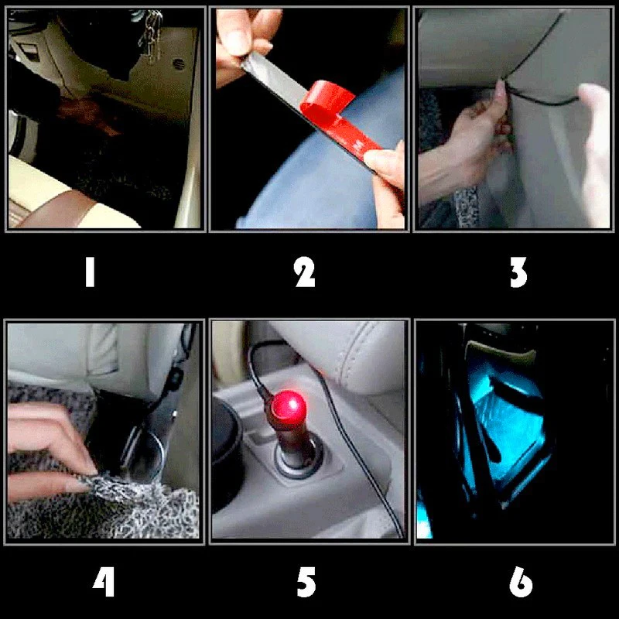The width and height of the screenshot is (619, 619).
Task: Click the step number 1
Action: [90, 272]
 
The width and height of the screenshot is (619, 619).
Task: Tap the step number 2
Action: [305, 272]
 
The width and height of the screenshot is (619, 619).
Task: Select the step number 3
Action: [518, 272]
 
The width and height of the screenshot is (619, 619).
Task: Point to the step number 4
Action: [104, 582]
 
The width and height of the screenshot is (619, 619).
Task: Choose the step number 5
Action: [306, 582]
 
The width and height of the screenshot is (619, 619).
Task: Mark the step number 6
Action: [521, 582]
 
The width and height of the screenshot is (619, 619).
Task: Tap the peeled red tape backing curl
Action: [327, 100]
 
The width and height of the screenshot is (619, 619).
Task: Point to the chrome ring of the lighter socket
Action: [298, 459]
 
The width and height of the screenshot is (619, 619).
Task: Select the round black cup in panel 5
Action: [226, 454]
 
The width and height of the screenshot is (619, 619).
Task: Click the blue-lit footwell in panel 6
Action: [505, 426]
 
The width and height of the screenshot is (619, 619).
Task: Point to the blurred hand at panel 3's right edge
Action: [594, 154]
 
